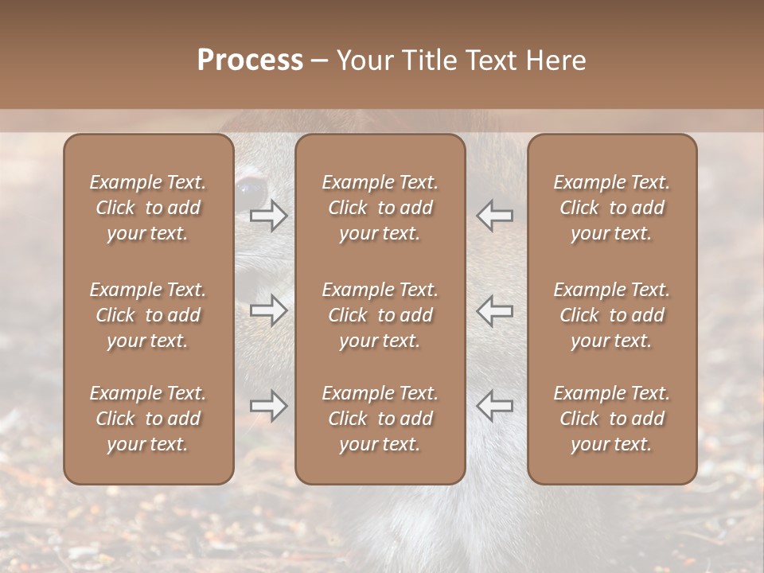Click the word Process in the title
click(x=250, y=60)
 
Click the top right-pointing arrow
click(x=268, y=215)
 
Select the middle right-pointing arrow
click(x=268, y=310)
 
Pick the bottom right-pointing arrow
click(x=268, y=406)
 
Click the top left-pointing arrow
click(x=495, y=215)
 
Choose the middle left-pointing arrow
click(x=495, y=310)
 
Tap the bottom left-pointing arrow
click(x=495, y=406)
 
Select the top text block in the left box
click(x=148, y=208)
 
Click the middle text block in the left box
click(x=148, y=315)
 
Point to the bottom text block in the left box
click(x=148, y=419)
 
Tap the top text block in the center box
click(x=380, y=208)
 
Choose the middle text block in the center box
click(x=380, y=315)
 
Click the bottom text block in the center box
click(x=380, y=419)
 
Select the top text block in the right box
click(x=611, y=208)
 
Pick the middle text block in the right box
click(x=611, y=315)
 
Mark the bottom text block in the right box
click(x=611, y=419)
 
